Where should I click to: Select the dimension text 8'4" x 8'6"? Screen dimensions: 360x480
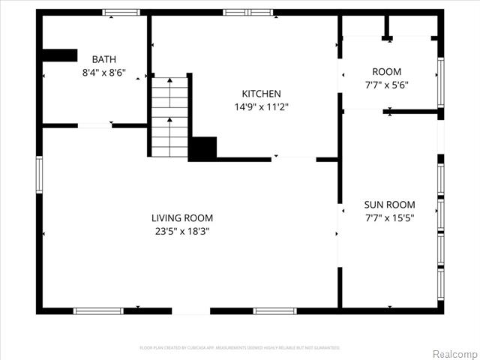103,73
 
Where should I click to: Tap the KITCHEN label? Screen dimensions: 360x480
261,94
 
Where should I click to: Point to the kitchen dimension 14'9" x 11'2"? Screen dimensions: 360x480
261,107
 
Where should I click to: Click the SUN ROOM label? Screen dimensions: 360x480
389,205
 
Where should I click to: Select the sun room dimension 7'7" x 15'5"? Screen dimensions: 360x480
389,218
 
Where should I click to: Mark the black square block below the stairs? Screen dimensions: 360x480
202,148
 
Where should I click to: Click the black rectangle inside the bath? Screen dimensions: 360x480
60,55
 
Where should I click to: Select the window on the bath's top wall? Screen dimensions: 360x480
121,13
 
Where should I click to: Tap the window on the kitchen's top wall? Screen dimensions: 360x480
247,13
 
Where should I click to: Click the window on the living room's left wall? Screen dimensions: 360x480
39,174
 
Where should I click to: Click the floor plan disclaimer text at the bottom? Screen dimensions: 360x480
240,348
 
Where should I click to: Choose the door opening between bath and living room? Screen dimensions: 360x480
94,125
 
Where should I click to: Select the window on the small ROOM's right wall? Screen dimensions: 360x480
441,82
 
